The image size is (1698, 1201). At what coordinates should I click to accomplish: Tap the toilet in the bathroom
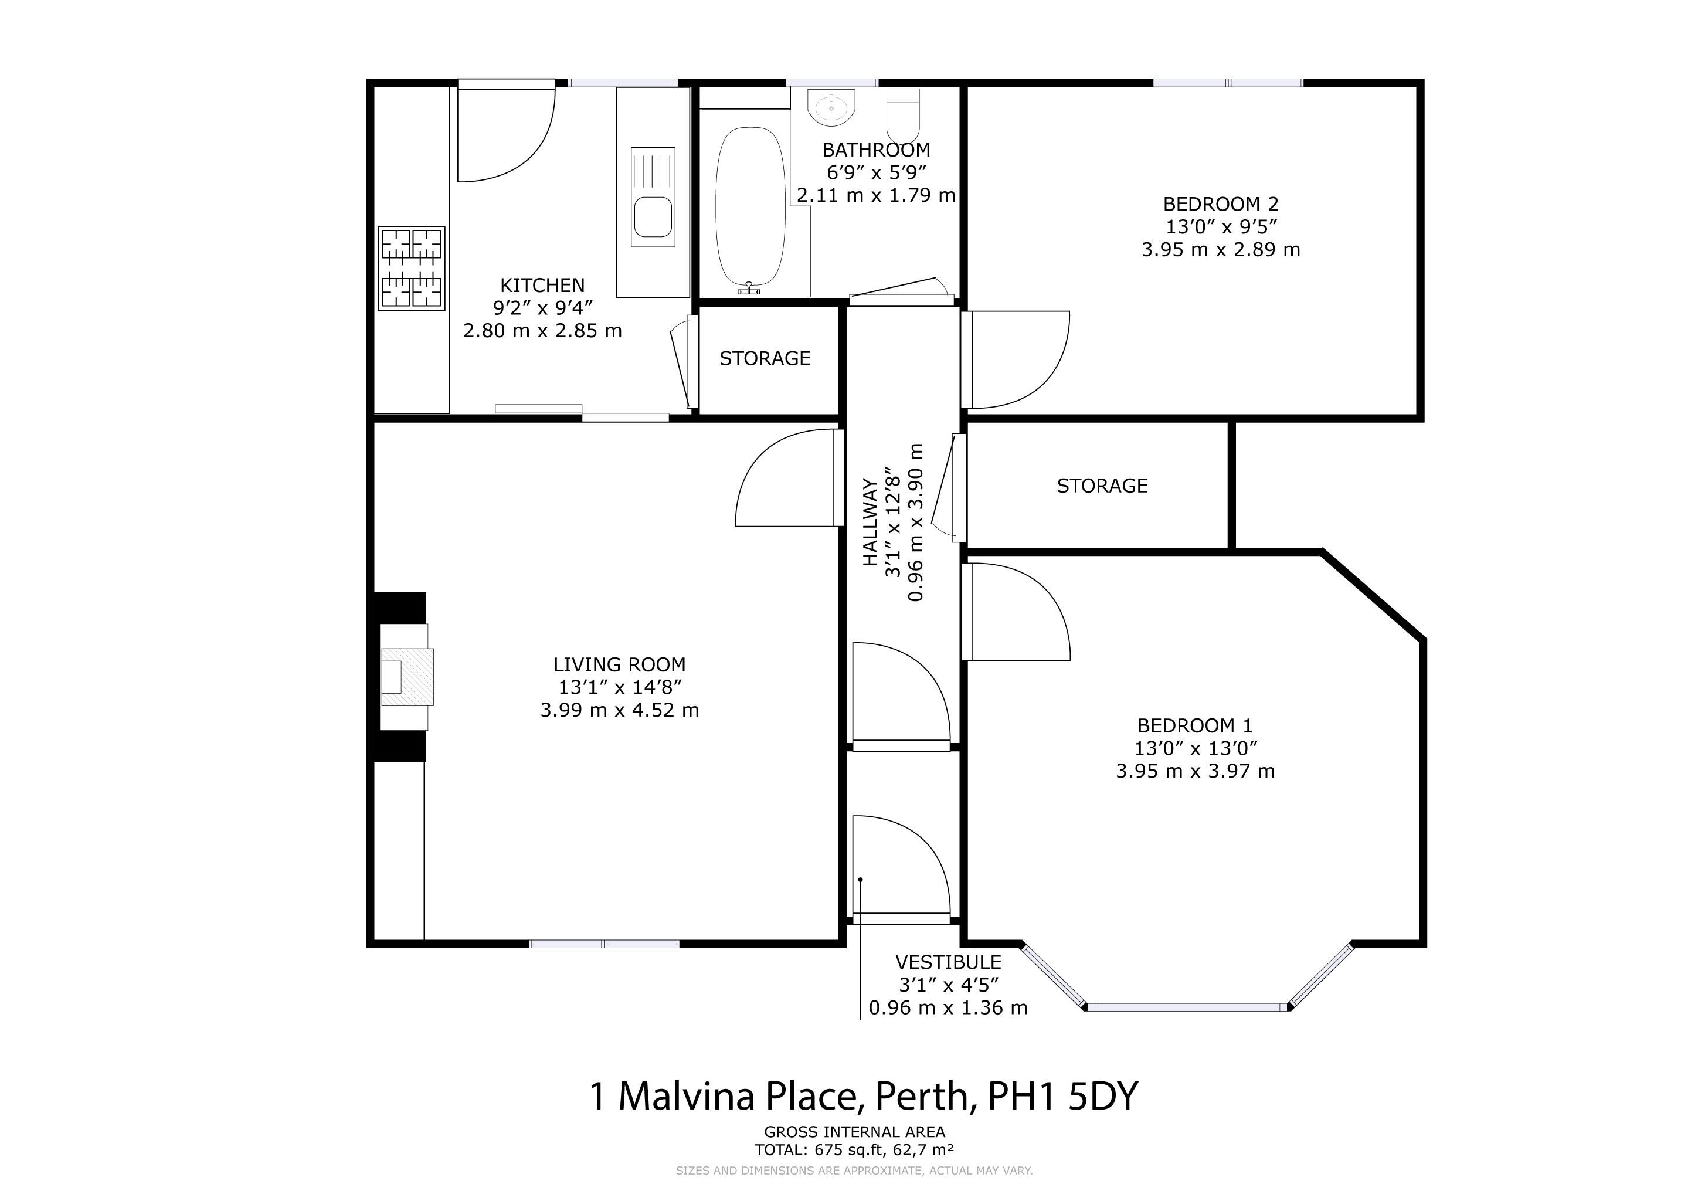point(902,116)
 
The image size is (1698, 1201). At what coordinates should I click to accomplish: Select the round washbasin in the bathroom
point(831,108)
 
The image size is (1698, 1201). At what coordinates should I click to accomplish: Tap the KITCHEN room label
point(542,285)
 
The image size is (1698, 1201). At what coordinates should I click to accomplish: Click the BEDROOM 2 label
point(1220,203)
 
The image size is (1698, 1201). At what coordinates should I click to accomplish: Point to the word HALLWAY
point(871,521)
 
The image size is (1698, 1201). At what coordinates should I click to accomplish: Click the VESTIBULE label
point(948,962)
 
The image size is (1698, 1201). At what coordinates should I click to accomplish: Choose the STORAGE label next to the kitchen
point(765,359)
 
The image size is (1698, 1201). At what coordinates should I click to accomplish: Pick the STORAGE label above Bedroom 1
point(1102,486)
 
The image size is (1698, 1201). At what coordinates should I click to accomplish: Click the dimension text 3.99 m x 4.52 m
point(619,710)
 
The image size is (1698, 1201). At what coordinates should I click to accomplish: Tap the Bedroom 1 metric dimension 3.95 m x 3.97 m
point(1195,771)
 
